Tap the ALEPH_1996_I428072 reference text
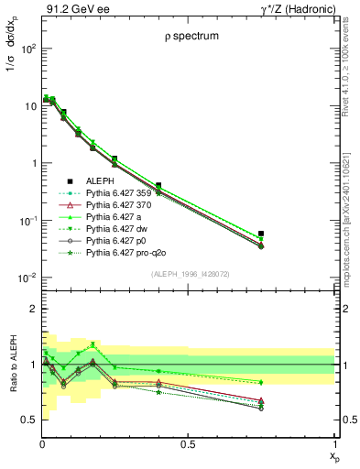point(190,274)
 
